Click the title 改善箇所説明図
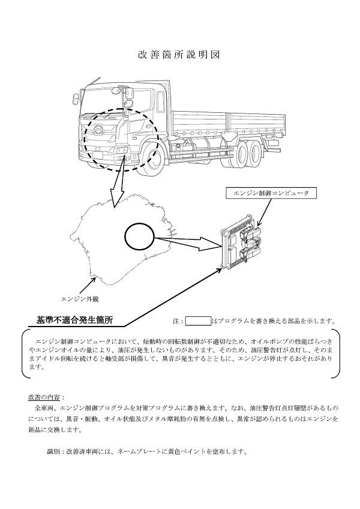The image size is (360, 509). tap(179, 55)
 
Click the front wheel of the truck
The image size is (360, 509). tap(150, 155)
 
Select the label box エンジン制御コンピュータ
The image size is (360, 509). tap(271, 193)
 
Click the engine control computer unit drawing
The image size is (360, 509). tap(243, 241)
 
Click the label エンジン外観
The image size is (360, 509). tap(80, 299)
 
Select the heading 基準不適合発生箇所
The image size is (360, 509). tap(74, 320)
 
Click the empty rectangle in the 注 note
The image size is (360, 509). tap(198, 321)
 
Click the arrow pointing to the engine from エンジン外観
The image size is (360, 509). tap(86, 285)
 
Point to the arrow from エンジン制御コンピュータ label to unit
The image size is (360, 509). tap(265, 212)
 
